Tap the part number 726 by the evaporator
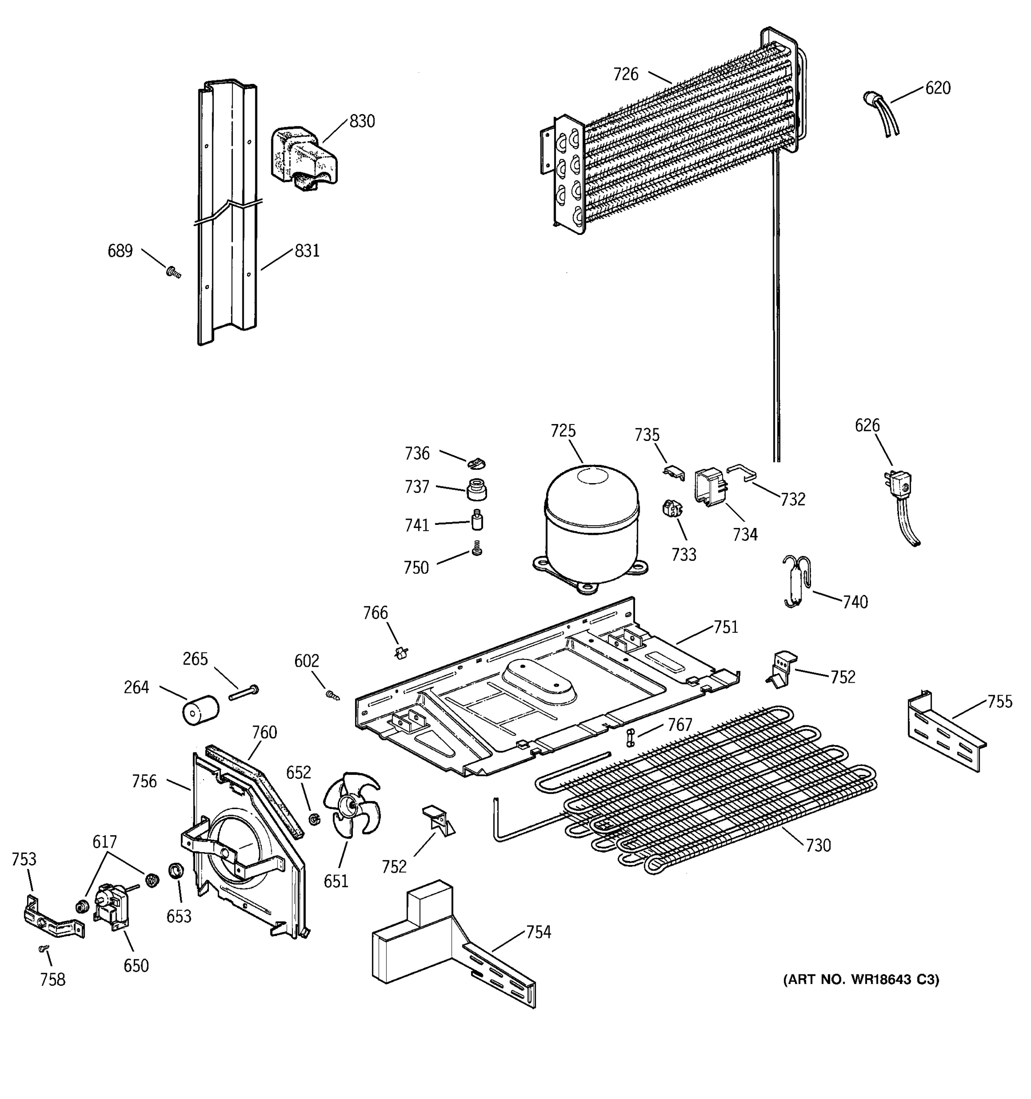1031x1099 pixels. click(x=625, y=74)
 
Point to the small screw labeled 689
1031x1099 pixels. click(x=173, y=272)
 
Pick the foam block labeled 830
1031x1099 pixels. click(x=302, y=158)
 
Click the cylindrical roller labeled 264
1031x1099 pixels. click(x=200, y=709)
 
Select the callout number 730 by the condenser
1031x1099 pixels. click(x=817, y=861)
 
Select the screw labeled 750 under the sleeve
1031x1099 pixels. click(x=477, y=549)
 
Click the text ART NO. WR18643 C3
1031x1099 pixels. click(x=861, y=979)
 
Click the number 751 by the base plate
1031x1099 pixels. click(x=726, y=627)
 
